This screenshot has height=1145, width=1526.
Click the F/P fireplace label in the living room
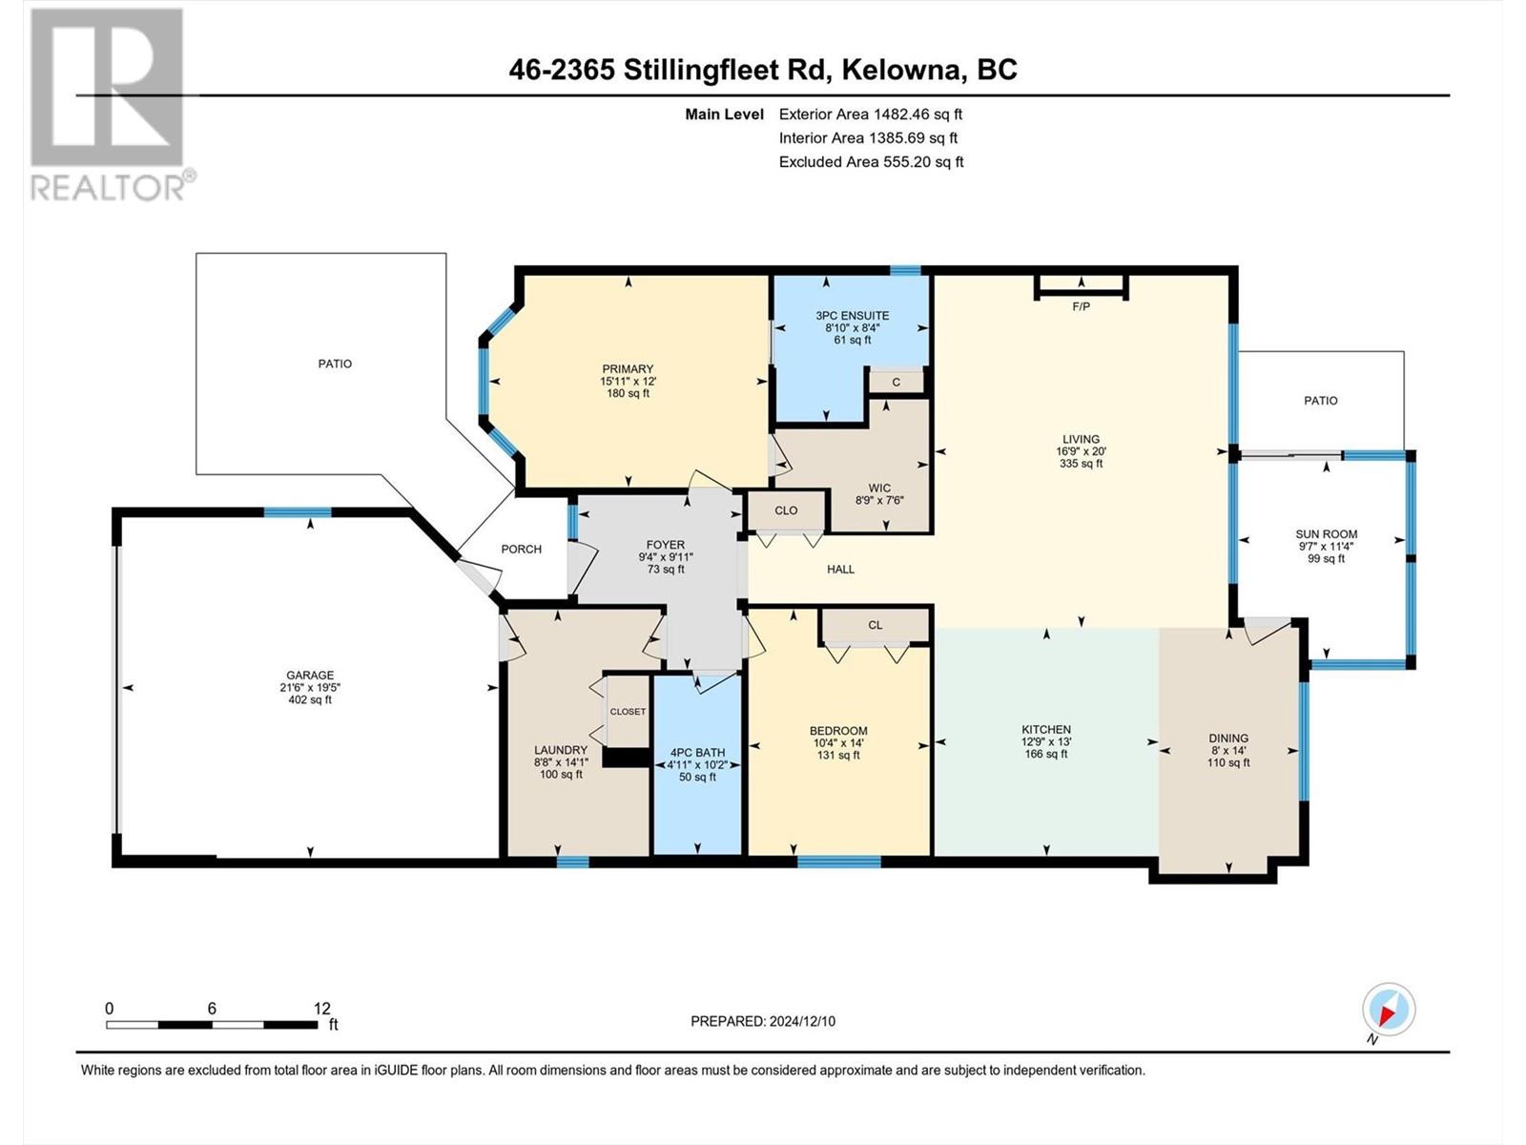pos(1081,306)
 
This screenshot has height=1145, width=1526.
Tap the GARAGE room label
pos(310,675)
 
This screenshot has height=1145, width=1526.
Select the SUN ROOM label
pos(1327,534)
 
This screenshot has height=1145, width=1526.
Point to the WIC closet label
pos(879,488)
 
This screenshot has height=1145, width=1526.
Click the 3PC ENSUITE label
pos(853,316)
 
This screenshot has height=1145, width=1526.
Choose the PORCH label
pos(522,550)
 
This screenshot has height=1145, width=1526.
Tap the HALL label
pos(840,570)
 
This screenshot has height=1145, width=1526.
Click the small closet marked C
pos(897,383)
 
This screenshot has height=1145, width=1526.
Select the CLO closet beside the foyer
pos(787,510)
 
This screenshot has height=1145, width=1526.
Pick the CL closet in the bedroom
pos(876,625)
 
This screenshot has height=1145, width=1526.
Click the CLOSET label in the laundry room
pos(628,712)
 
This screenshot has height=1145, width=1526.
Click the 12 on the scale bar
pos(321,1008)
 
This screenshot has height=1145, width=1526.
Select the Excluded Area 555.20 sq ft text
pos(871,162)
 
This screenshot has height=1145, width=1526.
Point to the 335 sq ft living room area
pos(1081,464)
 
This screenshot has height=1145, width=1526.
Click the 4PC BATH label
pos(697,752)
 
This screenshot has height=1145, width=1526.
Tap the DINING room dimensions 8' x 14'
pos(1228,751)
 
